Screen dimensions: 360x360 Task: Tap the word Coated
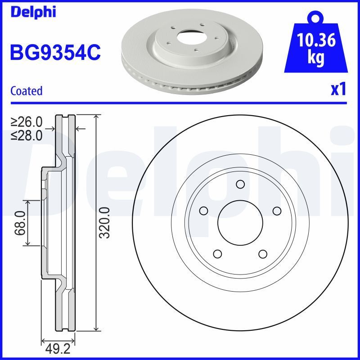pyautogui.click(x=26, y=90)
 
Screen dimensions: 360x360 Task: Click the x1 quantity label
pyautogui.click(x=338, y=90)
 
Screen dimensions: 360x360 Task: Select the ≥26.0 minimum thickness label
pyautogui.click(x=27, y=122)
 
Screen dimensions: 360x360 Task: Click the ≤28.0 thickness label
pyautogui.click(x=27, y=135)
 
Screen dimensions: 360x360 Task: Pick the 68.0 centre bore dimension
pyautogui.click(x=19, y=223)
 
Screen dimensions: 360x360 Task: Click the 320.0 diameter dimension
pyautogui.click(x=104, y=223)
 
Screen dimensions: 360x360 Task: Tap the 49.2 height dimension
pyautogui.click(x=58, y=348)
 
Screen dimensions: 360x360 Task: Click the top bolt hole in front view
pyautogui.click(x=240, y=184)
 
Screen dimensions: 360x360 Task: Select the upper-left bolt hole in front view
pyautogui.click(x=203, y=211)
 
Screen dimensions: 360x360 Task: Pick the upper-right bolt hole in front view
pyautogui.click(x=276, y=211)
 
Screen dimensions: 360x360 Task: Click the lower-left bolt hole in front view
pyautogui.click(x=217, y=254)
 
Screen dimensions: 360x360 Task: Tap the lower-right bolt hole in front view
pyautogui.click(x=262, y=254)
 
